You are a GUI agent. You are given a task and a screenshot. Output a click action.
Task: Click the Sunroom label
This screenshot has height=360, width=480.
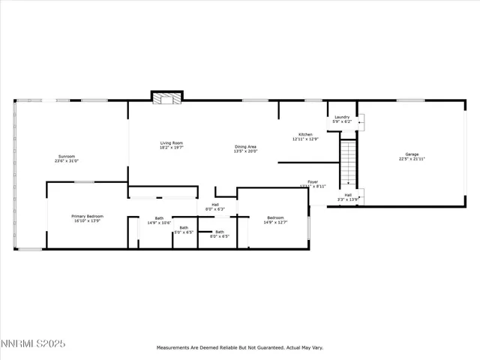pyautogui.click(x=66, y=156)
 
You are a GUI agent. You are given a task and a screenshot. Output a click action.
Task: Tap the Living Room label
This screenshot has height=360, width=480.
pyautogui.click(x=171, y=142)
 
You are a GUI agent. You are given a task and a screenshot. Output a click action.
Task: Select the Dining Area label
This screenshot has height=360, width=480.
pyautogui.click(x=246, y=146)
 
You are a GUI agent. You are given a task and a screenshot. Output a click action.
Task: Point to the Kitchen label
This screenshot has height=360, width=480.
pyautogui.click(x=305, y=134)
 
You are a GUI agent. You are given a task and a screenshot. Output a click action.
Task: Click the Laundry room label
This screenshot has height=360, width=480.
pyautogui.click(x=342, y=117)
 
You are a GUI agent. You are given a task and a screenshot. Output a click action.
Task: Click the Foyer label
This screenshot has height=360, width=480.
pyautogui.click(x=313, y=181)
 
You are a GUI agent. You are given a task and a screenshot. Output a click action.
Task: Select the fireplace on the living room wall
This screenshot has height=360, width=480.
pyautogui.click(x=166, y=97)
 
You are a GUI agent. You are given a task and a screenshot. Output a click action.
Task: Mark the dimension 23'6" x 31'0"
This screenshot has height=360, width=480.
pyautogui.click(x=66, y=161)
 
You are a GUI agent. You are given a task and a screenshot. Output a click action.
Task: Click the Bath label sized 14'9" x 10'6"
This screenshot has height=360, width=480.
pyautogui.click(x=159, y=218)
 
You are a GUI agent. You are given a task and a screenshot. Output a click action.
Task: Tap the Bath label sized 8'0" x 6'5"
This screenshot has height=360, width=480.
pyautogui.click(x=220, y=232)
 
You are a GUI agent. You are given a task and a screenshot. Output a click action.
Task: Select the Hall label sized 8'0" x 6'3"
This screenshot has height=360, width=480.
pyautogui.click(x=215, y=204)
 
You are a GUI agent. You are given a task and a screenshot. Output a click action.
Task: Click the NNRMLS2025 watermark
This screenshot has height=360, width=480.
pyautogui.click(x=33, y=343)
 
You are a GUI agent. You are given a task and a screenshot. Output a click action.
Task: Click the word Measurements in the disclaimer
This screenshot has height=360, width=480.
pyautogui.click(x=174, y=348)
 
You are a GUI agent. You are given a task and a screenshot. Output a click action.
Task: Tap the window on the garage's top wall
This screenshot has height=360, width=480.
pyautogui.click(x=411, y=100)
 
